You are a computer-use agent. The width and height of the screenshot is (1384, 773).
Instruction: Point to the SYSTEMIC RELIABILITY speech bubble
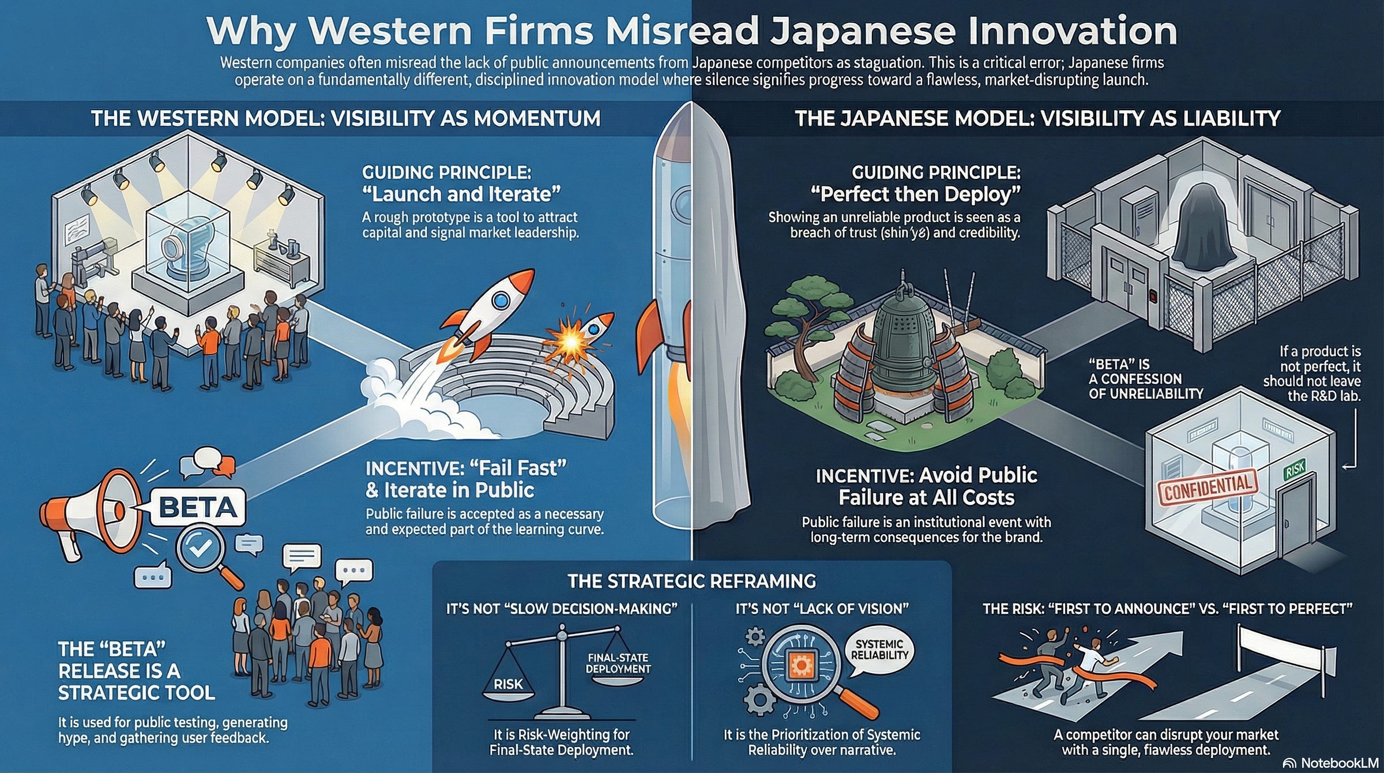[x=879, y=650]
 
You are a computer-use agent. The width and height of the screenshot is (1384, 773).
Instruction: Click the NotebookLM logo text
[x=1337, y=763]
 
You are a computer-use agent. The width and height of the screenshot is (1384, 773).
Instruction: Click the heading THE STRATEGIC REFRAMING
[x=691, y=581]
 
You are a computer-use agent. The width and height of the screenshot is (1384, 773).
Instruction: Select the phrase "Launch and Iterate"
[x=461, y=194]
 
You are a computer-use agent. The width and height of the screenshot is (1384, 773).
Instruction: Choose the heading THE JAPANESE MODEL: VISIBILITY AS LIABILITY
[x=1037, y=119]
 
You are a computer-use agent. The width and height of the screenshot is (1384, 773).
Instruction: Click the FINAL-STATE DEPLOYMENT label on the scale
[x=618, y=663]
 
